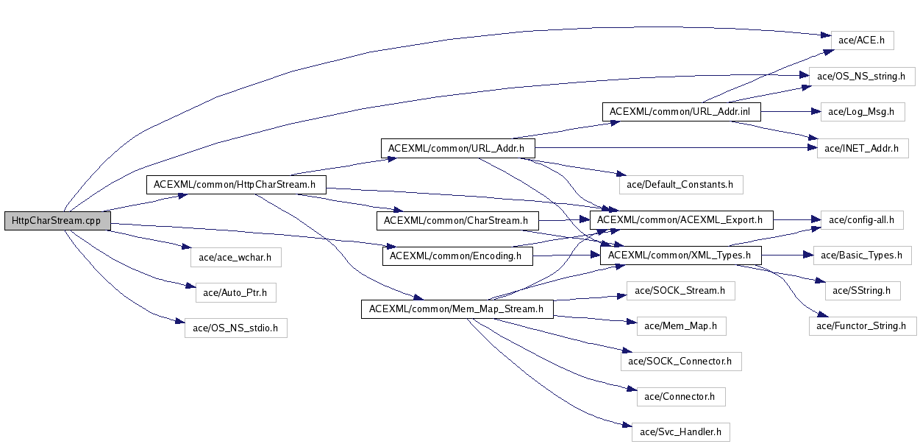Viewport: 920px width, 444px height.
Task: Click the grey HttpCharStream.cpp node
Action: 57,220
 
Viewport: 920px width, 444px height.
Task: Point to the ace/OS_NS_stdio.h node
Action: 235,328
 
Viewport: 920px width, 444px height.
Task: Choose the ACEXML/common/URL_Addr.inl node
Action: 681,113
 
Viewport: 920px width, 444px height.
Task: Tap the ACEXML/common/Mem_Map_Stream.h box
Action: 457,309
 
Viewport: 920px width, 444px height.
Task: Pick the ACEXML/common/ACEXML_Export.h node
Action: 680,219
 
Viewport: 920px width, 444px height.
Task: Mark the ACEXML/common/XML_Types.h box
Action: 680,256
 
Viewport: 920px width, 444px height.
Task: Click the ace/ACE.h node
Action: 861,40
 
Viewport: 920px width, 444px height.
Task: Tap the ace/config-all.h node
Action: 861,219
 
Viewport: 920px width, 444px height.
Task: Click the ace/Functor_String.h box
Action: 862,325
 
